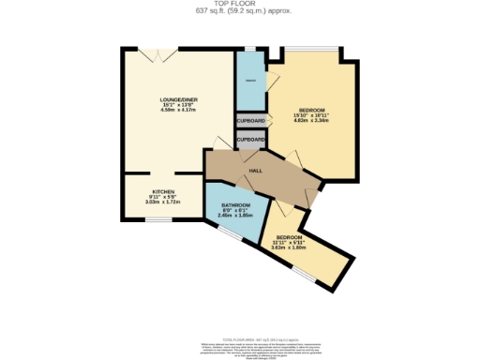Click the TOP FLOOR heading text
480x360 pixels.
click(240, 4)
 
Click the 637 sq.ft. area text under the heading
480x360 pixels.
click(240, 11)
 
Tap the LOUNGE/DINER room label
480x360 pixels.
click(177, 97)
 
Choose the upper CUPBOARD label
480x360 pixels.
click(250, 121)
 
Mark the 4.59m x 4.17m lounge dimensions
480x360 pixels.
click(177, 110)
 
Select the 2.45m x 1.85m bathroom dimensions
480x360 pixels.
click(236, 217)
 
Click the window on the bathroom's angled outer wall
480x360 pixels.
click(228, 233)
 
